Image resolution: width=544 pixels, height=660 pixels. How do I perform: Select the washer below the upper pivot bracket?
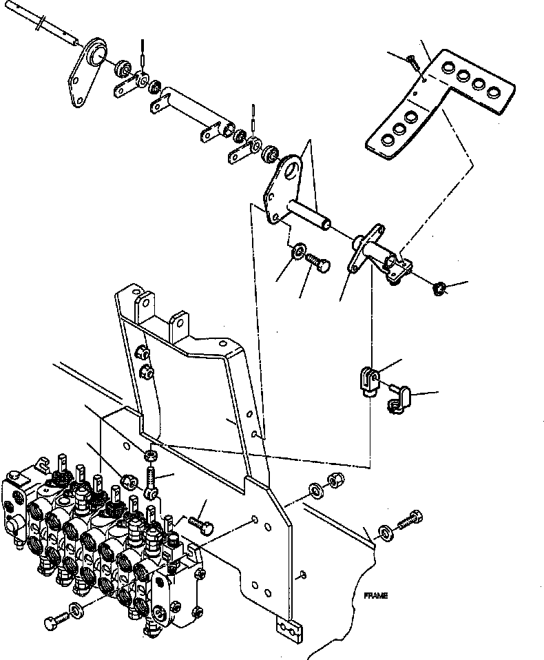click(300, 251)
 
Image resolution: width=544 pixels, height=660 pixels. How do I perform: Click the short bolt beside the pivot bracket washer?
click(318, 263)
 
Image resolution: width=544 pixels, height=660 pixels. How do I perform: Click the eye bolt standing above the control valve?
click(152, 479)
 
